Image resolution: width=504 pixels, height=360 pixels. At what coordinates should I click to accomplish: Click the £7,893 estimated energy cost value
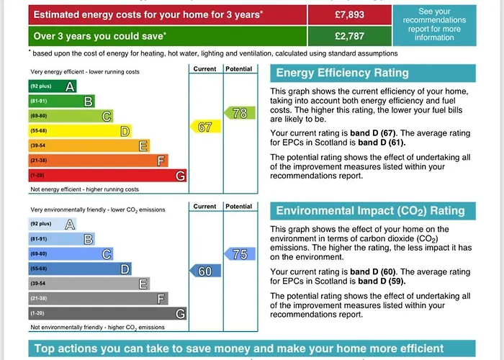(x=351, y=14)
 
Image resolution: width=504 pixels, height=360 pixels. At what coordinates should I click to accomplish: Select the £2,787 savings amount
(x=351, y=35)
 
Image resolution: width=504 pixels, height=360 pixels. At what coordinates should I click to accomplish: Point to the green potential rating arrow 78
(x=240, y=113)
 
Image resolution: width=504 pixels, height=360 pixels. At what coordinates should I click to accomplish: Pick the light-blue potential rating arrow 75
(x=240, y=254)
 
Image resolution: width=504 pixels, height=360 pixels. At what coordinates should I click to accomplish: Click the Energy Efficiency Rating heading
(x=342, y=73)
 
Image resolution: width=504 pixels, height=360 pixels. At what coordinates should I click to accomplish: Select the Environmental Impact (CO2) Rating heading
(x=370, y=211)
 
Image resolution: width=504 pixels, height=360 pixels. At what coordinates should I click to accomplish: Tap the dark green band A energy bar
(x=53, y=86)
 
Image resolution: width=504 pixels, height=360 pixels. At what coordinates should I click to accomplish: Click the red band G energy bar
(x=108, y=176)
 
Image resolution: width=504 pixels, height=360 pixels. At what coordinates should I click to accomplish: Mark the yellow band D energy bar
(x=80, y=131)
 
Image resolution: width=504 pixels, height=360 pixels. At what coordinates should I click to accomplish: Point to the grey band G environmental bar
(x=108, y=313)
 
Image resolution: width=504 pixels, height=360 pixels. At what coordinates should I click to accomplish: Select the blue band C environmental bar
(x=71, y=253)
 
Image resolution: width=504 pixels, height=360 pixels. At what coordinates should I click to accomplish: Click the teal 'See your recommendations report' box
(x=434, y=24)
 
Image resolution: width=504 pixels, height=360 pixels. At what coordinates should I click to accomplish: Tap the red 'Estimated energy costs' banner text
(x=148, y=14)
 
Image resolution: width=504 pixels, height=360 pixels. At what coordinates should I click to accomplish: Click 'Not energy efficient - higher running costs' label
(x=84, y=189)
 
